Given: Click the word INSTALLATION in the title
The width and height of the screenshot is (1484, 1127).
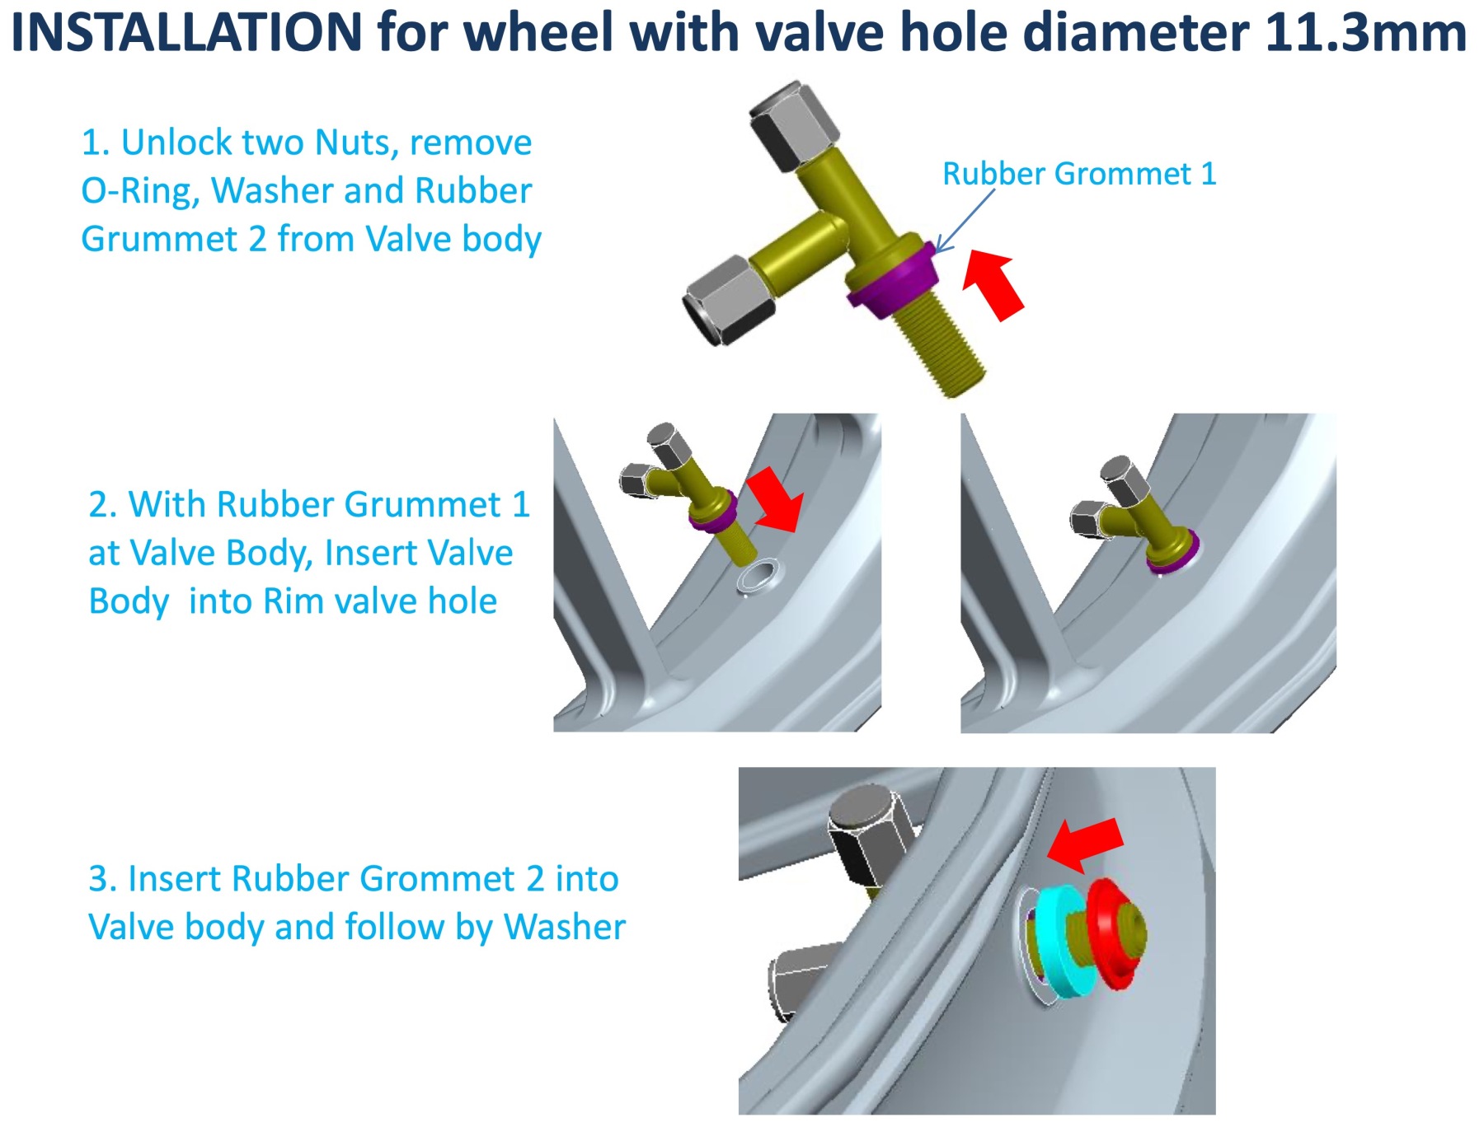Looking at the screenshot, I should pyautogui.click(x=186, y=33).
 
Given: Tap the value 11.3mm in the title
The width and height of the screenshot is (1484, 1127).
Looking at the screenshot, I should pyautogui.click(x=1364, y=33).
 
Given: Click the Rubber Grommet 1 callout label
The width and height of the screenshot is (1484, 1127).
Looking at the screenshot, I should pyautogui.click(x=1078, y=174).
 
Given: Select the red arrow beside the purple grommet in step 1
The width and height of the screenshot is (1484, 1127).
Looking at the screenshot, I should pyautogui.click(x=994, y=285).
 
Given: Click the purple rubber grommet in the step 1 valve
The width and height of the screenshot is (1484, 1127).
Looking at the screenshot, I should pyautogui.click(x=890, y=280).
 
